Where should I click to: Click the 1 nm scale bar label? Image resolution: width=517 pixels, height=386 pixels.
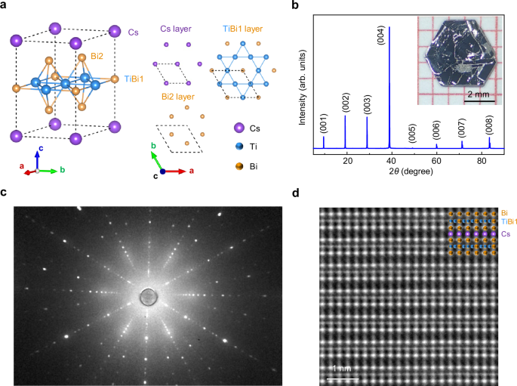340,368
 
